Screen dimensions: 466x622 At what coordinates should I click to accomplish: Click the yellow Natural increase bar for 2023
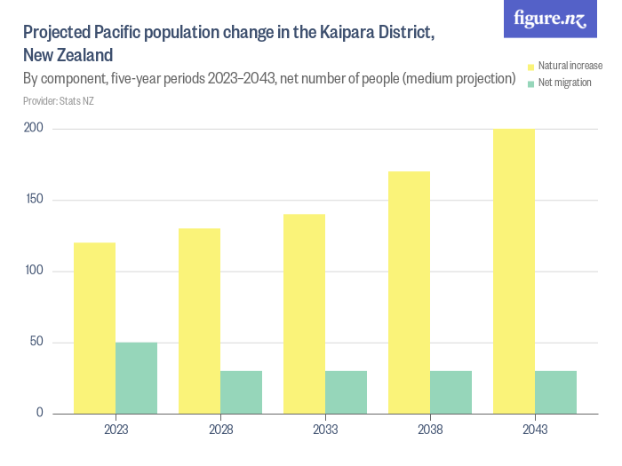[x=94, y=328]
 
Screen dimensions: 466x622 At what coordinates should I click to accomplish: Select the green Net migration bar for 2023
[x=136, y=377]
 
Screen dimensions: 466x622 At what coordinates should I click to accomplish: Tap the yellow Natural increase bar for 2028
[x=199, y=320]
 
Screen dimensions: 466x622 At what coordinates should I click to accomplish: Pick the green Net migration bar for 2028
[x=241, y=391]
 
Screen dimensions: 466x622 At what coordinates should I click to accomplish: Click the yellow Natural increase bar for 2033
[x=304, y=313]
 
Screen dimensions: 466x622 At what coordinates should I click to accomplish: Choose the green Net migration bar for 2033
[x=346, y=391]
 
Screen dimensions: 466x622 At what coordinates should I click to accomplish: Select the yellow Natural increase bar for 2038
[x=409, y=292]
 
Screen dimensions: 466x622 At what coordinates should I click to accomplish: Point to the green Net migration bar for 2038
[x=451, y=391]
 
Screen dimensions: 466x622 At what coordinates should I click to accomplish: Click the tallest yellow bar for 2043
[x=514, y=271]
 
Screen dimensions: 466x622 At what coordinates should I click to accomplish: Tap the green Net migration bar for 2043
[x=555, y=391]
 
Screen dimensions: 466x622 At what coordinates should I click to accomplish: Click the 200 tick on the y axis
[x=34, y=129]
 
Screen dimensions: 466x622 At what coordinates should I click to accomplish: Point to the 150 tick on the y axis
[x=34, y=200]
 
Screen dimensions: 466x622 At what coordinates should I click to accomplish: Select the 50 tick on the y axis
[x=36, y=342]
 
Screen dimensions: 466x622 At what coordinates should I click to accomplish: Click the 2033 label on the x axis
[x=324, y=430]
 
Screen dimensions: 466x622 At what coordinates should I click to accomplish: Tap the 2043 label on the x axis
[x=534, y=430]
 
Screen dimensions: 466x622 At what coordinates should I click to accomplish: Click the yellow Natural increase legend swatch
[x=530, y=67]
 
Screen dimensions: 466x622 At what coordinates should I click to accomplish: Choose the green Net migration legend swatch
[x=530, y=83]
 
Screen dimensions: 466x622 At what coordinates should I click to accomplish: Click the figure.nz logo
[x=550, y=19]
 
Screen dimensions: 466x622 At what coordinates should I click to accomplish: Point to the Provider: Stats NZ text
[x=59, y=101]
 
